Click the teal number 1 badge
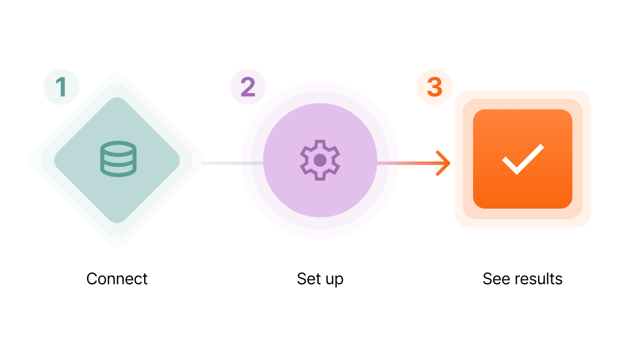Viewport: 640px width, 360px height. pyautogui.click(x=61, y=87)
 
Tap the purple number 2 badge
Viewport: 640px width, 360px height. pyautogui.click(x=247, y=87)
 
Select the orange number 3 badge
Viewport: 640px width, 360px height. pyautogui.click(x=435, y=87)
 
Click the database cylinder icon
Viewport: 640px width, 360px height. pyautogui.click(x=118, y=159)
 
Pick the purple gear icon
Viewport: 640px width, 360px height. pyautogui.click(x=320, y=161)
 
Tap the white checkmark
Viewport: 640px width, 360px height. pyautogui.click(x=523, y=159)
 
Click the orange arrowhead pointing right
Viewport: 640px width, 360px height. pyautogui.click(x=443, y=163)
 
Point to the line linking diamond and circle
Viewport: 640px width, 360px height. pyautogui.click(x=233, y=163)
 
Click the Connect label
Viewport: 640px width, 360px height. pyautogui.click(x=117, y=279)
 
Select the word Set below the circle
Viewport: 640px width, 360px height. pyautogui.click(x=309, y=279)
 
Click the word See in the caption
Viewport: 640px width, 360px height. pyautogui.click(x=496, y=279)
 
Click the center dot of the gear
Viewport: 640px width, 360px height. pyautogui.click(x=320, y=161)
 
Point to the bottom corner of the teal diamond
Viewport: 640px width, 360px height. pyautogui.click(x=117, y=222)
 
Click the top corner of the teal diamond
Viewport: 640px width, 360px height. pyautogui.click(x=117, y=98)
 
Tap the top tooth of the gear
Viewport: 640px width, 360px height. pyautogui.click(x=320, y=143)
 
